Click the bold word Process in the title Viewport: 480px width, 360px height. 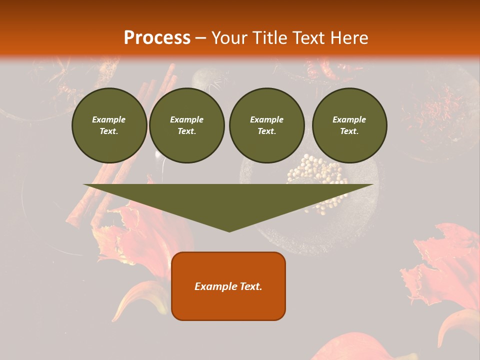click(x=157, y=38)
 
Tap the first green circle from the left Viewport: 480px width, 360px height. click(x=109, y=125)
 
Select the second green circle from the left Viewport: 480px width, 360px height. click(x=186, y=125)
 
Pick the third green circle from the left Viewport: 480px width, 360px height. click(x=266, y=125)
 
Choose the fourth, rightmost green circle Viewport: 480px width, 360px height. click(x=349, y=125)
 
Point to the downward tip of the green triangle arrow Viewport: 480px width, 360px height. click(x=229, y=230)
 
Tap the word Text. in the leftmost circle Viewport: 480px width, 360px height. click(x=109, y=131)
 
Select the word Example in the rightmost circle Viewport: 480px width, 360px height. click(x=349, y=119)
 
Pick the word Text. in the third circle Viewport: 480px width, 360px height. click(x=266, y=131)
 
